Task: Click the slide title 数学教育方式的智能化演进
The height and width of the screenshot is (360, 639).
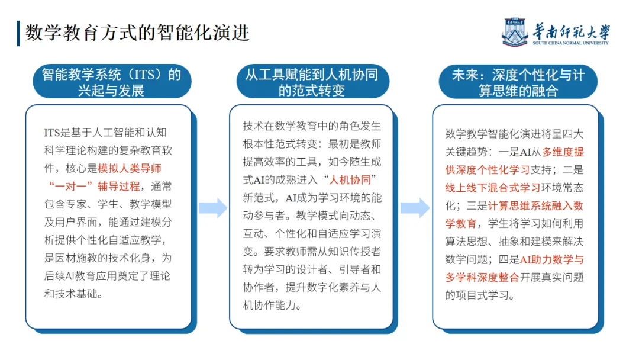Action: click(137, 32)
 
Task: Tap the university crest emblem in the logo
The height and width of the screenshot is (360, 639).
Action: click(515, 31)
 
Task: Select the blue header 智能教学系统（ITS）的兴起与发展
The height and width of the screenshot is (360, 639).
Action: click(111, 82)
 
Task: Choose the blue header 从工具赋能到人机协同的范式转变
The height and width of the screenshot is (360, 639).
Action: click(311, 82)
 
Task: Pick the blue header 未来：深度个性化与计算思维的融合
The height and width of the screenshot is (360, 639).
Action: click(518, 82)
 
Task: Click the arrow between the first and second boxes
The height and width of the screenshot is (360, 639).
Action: click(212, 208)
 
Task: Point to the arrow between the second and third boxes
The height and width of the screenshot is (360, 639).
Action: click(414, 208)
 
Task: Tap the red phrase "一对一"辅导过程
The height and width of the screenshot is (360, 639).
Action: click(93, 186)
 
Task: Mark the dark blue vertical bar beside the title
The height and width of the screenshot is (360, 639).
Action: click(18, 33)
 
